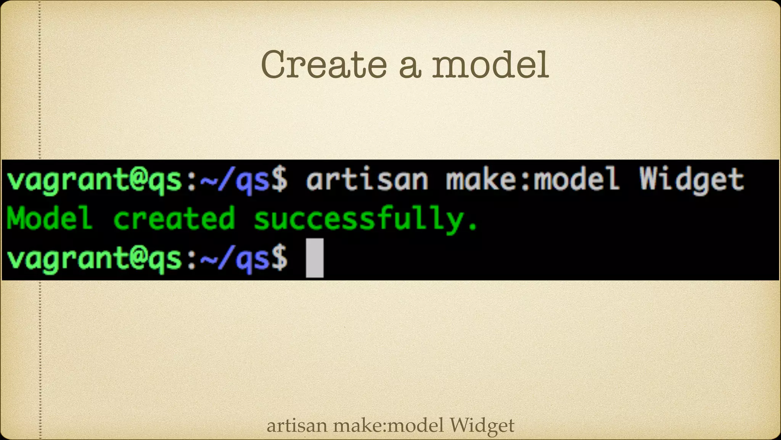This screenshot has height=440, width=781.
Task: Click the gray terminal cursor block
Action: (x=315, y=258)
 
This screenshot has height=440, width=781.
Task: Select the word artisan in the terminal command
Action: (x=367, y=180)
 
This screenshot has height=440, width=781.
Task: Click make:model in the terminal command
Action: (x=533, y=180)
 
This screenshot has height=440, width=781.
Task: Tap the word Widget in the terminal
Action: (x=691, y=180)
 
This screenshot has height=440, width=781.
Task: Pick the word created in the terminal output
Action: (x=174, y=218)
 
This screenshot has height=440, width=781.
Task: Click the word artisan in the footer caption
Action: (x=297, y=425)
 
